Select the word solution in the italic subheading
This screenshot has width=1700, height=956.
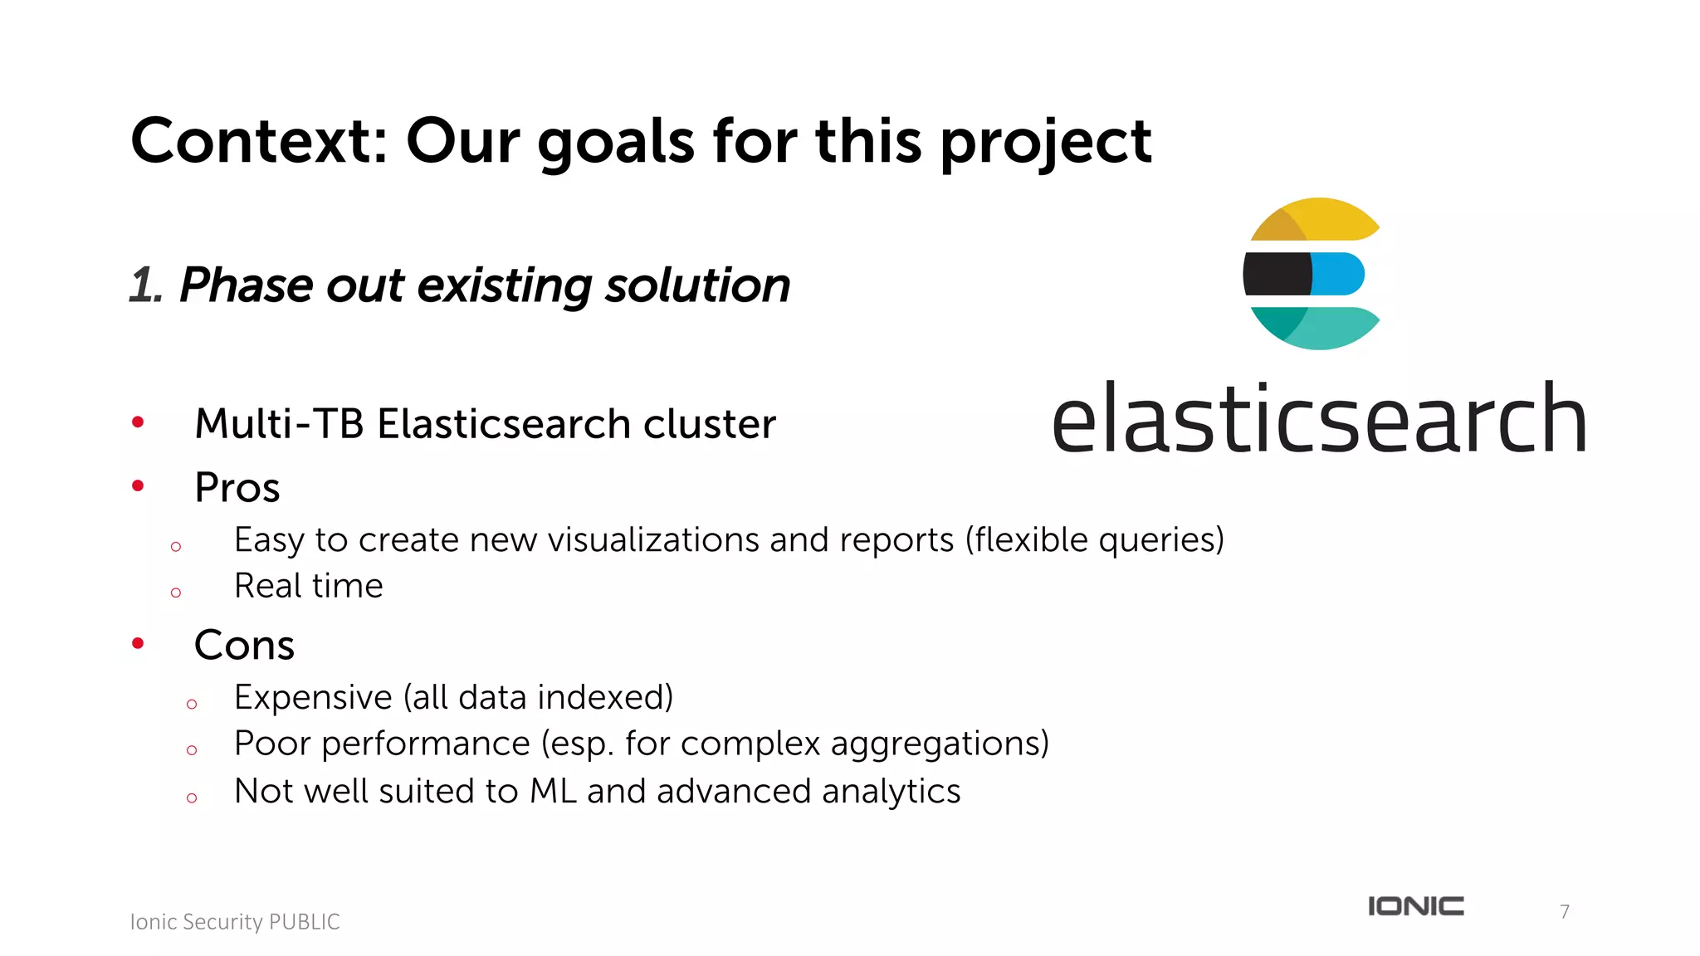(697, 285)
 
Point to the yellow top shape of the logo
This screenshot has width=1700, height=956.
(1320, 218)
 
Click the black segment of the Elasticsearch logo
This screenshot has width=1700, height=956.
(1277, 274)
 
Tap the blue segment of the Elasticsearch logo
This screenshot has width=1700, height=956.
(1339, 274)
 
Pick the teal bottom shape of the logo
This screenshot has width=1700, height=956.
(1320, 328)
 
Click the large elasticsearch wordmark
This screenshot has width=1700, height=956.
(1319, 419)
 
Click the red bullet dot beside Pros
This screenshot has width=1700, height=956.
(138, 486)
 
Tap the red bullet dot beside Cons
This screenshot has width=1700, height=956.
(138, 643)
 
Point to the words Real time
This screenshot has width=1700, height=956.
(309, 586)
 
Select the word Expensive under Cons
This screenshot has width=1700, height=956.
(313, 697)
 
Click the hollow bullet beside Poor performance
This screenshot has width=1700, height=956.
(192, 750)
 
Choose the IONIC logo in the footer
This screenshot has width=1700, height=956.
(1416, 906)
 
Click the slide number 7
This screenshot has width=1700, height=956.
(1565, 911)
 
